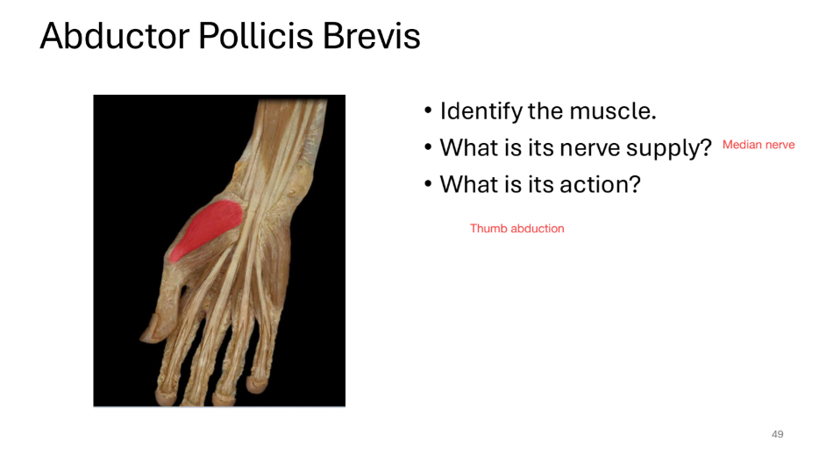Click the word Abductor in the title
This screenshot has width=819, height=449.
point(114,36)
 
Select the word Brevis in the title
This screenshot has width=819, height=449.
point(373,36)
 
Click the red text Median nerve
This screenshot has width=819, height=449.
point(758,145)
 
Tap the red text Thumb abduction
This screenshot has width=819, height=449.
point(516,228)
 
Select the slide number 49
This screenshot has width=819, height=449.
point(777,434)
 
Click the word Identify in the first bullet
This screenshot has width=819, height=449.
point(480,111)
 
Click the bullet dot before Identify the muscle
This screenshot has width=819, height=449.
point(428,111)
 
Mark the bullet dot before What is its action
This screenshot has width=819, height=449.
point(428,185)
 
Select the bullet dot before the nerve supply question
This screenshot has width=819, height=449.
point(428,148)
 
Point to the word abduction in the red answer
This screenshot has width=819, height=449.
point(538,228)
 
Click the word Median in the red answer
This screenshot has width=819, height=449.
point(741,145)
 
